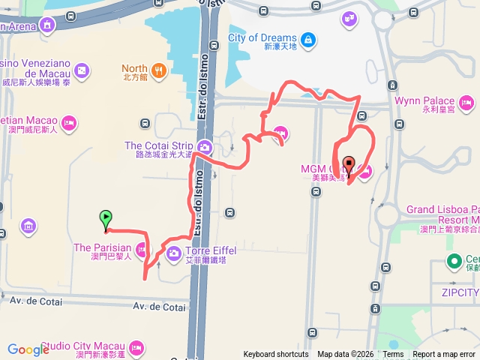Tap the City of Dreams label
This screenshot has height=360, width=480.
(262, 37)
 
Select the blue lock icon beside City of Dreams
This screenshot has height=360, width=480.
(307, 39)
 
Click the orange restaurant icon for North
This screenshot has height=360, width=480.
(158, 71)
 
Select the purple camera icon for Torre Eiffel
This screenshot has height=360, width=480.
(173, 253)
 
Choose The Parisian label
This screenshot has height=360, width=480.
(102, 247)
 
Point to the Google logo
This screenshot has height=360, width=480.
(28, 349)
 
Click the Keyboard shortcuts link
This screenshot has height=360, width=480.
(275, 354)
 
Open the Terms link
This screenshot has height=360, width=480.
(393, 354)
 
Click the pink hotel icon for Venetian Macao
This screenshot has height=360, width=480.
(70, 122)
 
